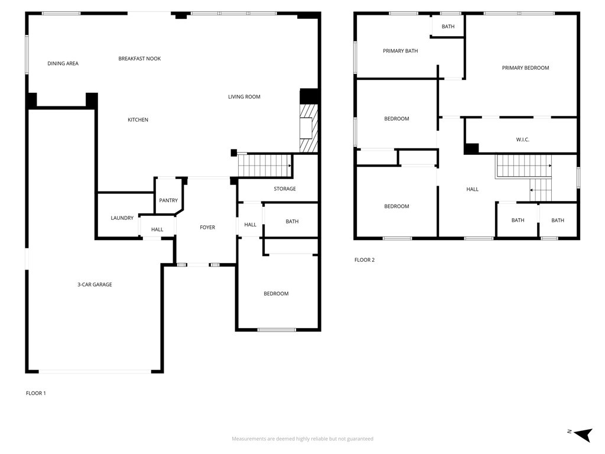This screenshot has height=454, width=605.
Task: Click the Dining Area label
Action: [x=63, y=63]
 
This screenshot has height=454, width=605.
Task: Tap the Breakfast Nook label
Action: [x=139, y=59]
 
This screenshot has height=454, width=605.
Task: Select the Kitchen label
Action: [x=138, y=119]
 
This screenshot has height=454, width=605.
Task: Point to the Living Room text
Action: [x=244, y=97]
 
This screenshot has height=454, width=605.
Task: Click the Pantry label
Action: [x=168, y=200]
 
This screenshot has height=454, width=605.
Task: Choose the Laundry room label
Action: [x=122, y=218]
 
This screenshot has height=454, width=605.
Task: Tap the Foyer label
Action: [x=207, y=228]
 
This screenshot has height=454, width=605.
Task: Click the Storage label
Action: [x=285, y=189]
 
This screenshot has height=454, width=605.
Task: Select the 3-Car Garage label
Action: [x=95, y=284]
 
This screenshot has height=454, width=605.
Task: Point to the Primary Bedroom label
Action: [x=525, y=68]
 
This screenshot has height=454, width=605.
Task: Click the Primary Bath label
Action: [x=400, y=51]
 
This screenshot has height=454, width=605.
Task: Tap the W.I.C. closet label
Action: [x=522, y=140]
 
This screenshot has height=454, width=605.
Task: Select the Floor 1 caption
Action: [x=35, y=393]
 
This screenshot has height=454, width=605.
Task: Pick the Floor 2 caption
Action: [x=364, y=260]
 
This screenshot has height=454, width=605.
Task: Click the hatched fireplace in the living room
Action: [x=309, y=128]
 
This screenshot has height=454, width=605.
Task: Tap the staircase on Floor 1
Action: [x=265, y=166]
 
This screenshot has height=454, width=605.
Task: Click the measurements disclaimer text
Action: [x=302, y=439]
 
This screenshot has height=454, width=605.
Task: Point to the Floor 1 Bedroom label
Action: [x=276, y=294]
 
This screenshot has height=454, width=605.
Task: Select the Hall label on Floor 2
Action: [x=472, y=190]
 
